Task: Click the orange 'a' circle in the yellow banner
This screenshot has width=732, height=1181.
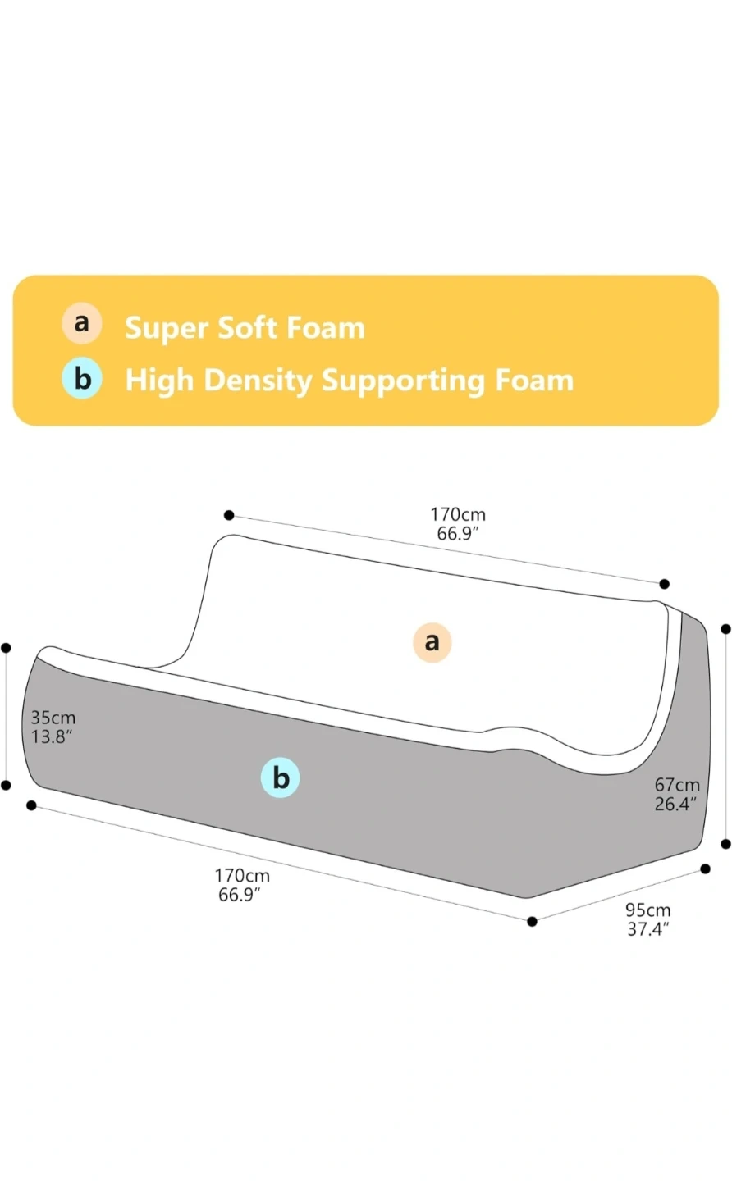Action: (82, 323)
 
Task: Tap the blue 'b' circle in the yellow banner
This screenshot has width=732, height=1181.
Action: (82, 379)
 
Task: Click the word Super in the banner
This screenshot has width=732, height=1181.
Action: (165, 328)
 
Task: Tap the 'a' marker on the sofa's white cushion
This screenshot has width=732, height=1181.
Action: (432, 641)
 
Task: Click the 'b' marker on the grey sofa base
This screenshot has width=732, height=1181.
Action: (281, 777)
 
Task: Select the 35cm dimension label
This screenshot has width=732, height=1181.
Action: (53, 718)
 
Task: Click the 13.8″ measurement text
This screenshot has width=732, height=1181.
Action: (52, 736)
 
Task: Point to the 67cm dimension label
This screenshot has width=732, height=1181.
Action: (677, 786)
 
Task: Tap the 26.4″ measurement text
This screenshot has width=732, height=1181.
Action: (675, 804)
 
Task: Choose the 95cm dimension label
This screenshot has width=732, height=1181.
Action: (648, 910)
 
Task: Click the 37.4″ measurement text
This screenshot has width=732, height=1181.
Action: (648, 928)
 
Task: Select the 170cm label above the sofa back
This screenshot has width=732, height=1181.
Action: (458, 515)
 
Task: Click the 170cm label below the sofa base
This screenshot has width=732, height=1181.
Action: (242, 876)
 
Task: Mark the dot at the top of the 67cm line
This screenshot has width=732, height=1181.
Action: (725, 629)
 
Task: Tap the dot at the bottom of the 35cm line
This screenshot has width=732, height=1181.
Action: (6, 785)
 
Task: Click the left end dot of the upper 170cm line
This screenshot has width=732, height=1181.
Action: (229, 515)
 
